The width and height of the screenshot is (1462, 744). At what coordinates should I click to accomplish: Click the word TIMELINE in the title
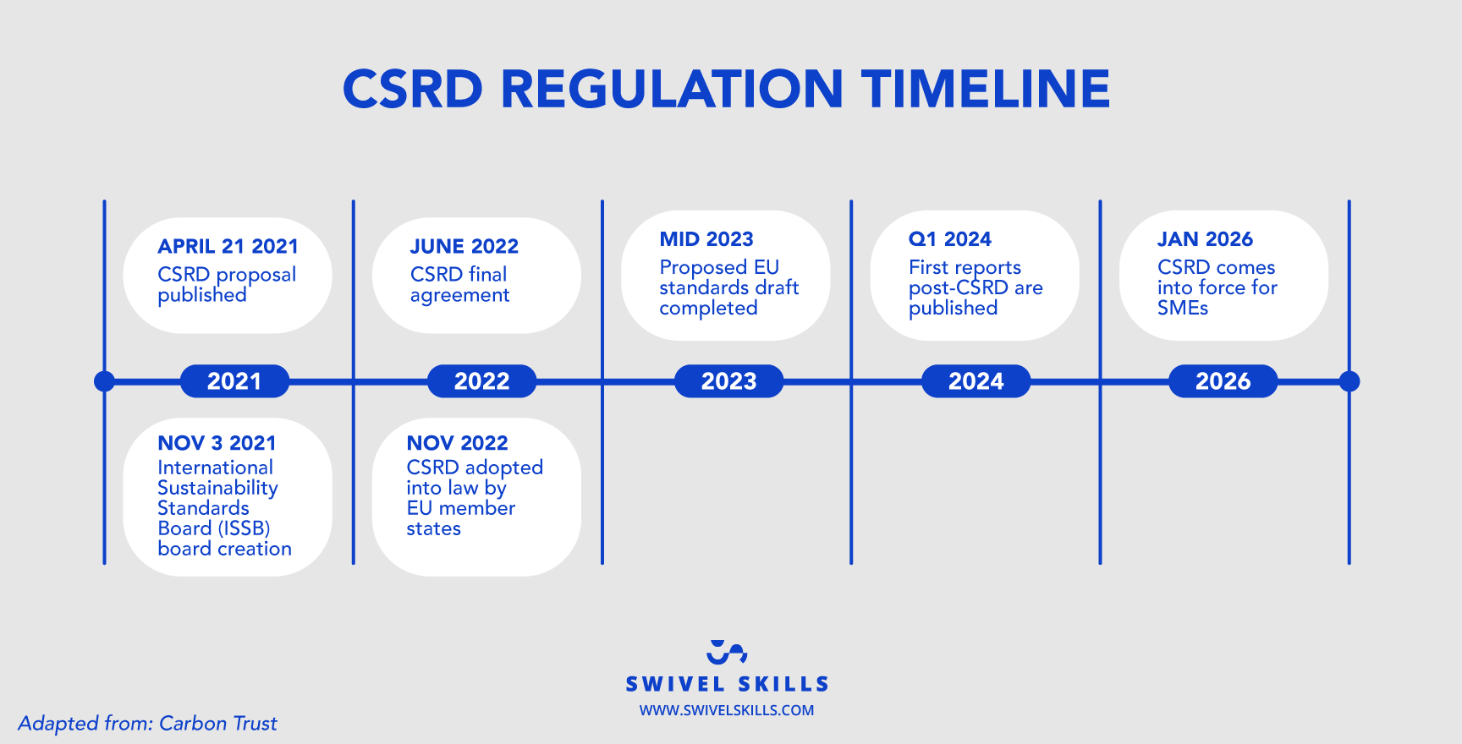(x=985, y=89)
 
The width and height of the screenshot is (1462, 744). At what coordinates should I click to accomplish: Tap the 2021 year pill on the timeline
(x=234, y=381)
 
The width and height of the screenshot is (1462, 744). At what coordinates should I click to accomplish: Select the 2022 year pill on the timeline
(x=481, y=381)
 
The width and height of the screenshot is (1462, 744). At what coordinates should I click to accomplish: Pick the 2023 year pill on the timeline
(x=728, y=381)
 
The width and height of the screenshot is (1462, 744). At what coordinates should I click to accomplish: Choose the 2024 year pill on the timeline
(x=976, y=381)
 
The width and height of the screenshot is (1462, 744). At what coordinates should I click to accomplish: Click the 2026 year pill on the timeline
(x=1223, y=381)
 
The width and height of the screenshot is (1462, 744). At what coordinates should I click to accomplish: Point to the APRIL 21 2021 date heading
(x=228, y=246)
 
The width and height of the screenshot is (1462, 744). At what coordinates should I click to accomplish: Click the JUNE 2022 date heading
(x=464, y=246)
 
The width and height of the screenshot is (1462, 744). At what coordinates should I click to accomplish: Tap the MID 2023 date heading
(x=706, y=239)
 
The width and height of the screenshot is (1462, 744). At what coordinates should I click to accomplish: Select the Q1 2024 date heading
(x=949, y=239)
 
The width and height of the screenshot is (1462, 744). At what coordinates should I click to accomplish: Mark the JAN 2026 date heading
(x=1205, y=239)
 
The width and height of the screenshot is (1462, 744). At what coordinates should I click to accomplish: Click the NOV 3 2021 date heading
(x=217, y=443)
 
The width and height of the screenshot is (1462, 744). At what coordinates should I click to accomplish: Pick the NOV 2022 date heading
(x=457, y=443)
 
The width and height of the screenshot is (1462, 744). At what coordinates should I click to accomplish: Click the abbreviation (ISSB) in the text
(x=245, y=528)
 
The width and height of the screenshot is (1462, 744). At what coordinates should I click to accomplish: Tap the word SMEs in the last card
(x=1182, y=309)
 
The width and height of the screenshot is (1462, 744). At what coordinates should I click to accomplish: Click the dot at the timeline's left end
(x=104, y=381)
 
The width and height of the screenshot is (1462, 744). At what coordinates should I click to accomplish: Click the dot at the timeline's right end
(x=1349, y=381)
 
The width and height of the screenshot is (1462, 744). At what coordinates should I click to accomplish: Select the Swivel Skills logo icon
(x=727, y=652)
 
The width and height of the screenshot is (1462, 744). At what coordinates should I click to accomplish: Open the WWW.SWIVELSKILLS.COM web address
(x=726, y=710)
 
